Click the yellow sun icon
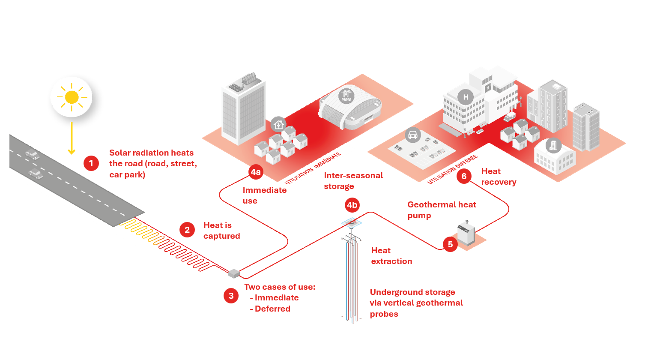[x=72, y=97]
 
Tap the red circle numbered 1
[x=91, y=163]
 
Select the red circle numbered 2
[x=187, y=230]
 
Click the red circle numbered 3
[x=231, y=296]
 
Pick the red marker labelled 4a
[x=256, y=172]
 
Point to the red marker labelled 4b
[x=352, y=205]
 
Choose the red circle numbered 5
[x=450, y=244]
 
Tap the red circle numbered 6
[x=464, y=176]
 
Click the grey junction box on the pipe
[x=234, y=273]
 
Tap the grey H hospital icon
[x=466, y=97]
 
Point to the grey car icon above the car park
[x=412, y=135]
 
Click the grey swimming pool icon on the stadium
[x=346, y=96]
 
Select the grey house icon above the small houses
[x=278, y=125]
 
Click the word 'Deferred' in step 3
[x=272, y=309]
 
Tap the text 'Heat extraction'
[x=391, y=256]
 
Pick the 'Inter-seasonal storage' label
[x=353, y=181]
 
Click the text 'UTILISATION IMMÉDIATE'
[x=313, y=168]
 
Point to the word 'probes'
[x=384, y=314]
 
